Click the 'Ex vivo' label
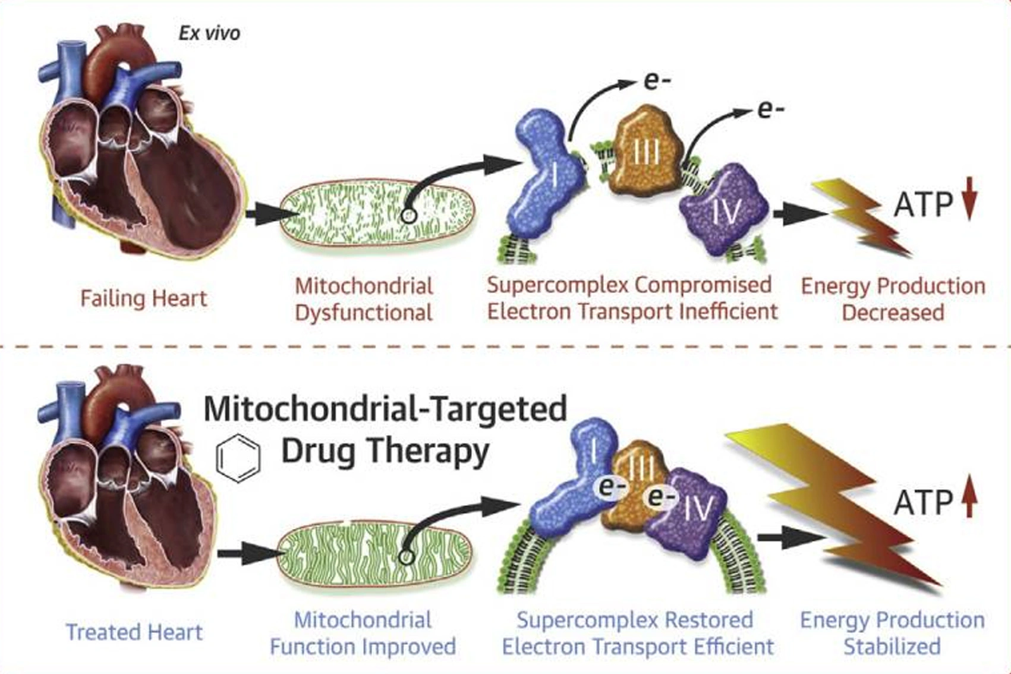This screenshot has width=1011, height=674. (x=209, y=33)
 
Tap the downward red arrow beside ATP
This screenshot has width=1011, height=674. (x=969, y=199)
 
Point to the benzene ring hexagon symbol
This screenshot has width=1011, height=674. (x=238, y=458)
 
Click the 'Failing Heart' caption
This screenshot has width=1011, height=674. (x=144, y=298)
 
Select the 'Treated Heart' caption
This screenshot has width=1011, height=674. (x=134, y=632)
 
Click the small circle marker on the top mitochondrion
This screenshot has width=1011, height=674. (x=408, y=216)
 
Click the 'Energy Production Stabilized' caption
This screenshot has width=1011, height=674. (x=892, y=633)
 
